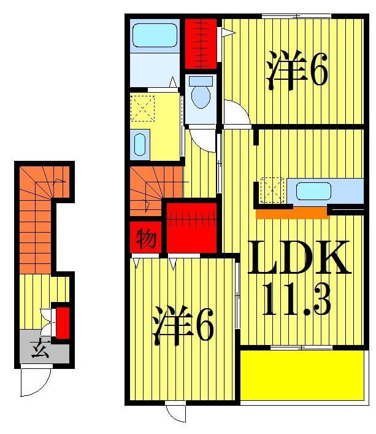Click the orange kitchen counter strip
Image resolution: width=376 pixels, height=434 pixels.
(x=292, y=213)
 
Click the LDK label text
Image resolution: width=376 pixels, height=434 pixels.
(x=299, y=258)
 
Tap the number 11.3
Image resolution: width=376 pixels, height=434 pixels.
(x=297, y=300)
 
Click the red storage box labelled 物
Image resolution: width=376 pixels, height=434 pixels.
(x=146, y=238)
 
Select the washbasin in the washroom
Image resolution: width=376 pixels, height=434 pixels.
(x=140, y=145)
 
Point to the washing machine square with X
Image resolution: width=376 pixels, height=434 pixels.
(x=145, y=109)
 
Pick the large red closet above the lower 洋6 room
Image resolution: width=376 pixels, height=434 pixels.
(x=191, y=227)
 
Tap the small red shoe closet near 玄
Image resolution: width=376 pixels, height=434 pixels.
(x=63, y=321)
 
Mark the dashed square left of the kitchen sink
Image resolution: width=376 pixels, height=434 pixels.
(x=272, y=190)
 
